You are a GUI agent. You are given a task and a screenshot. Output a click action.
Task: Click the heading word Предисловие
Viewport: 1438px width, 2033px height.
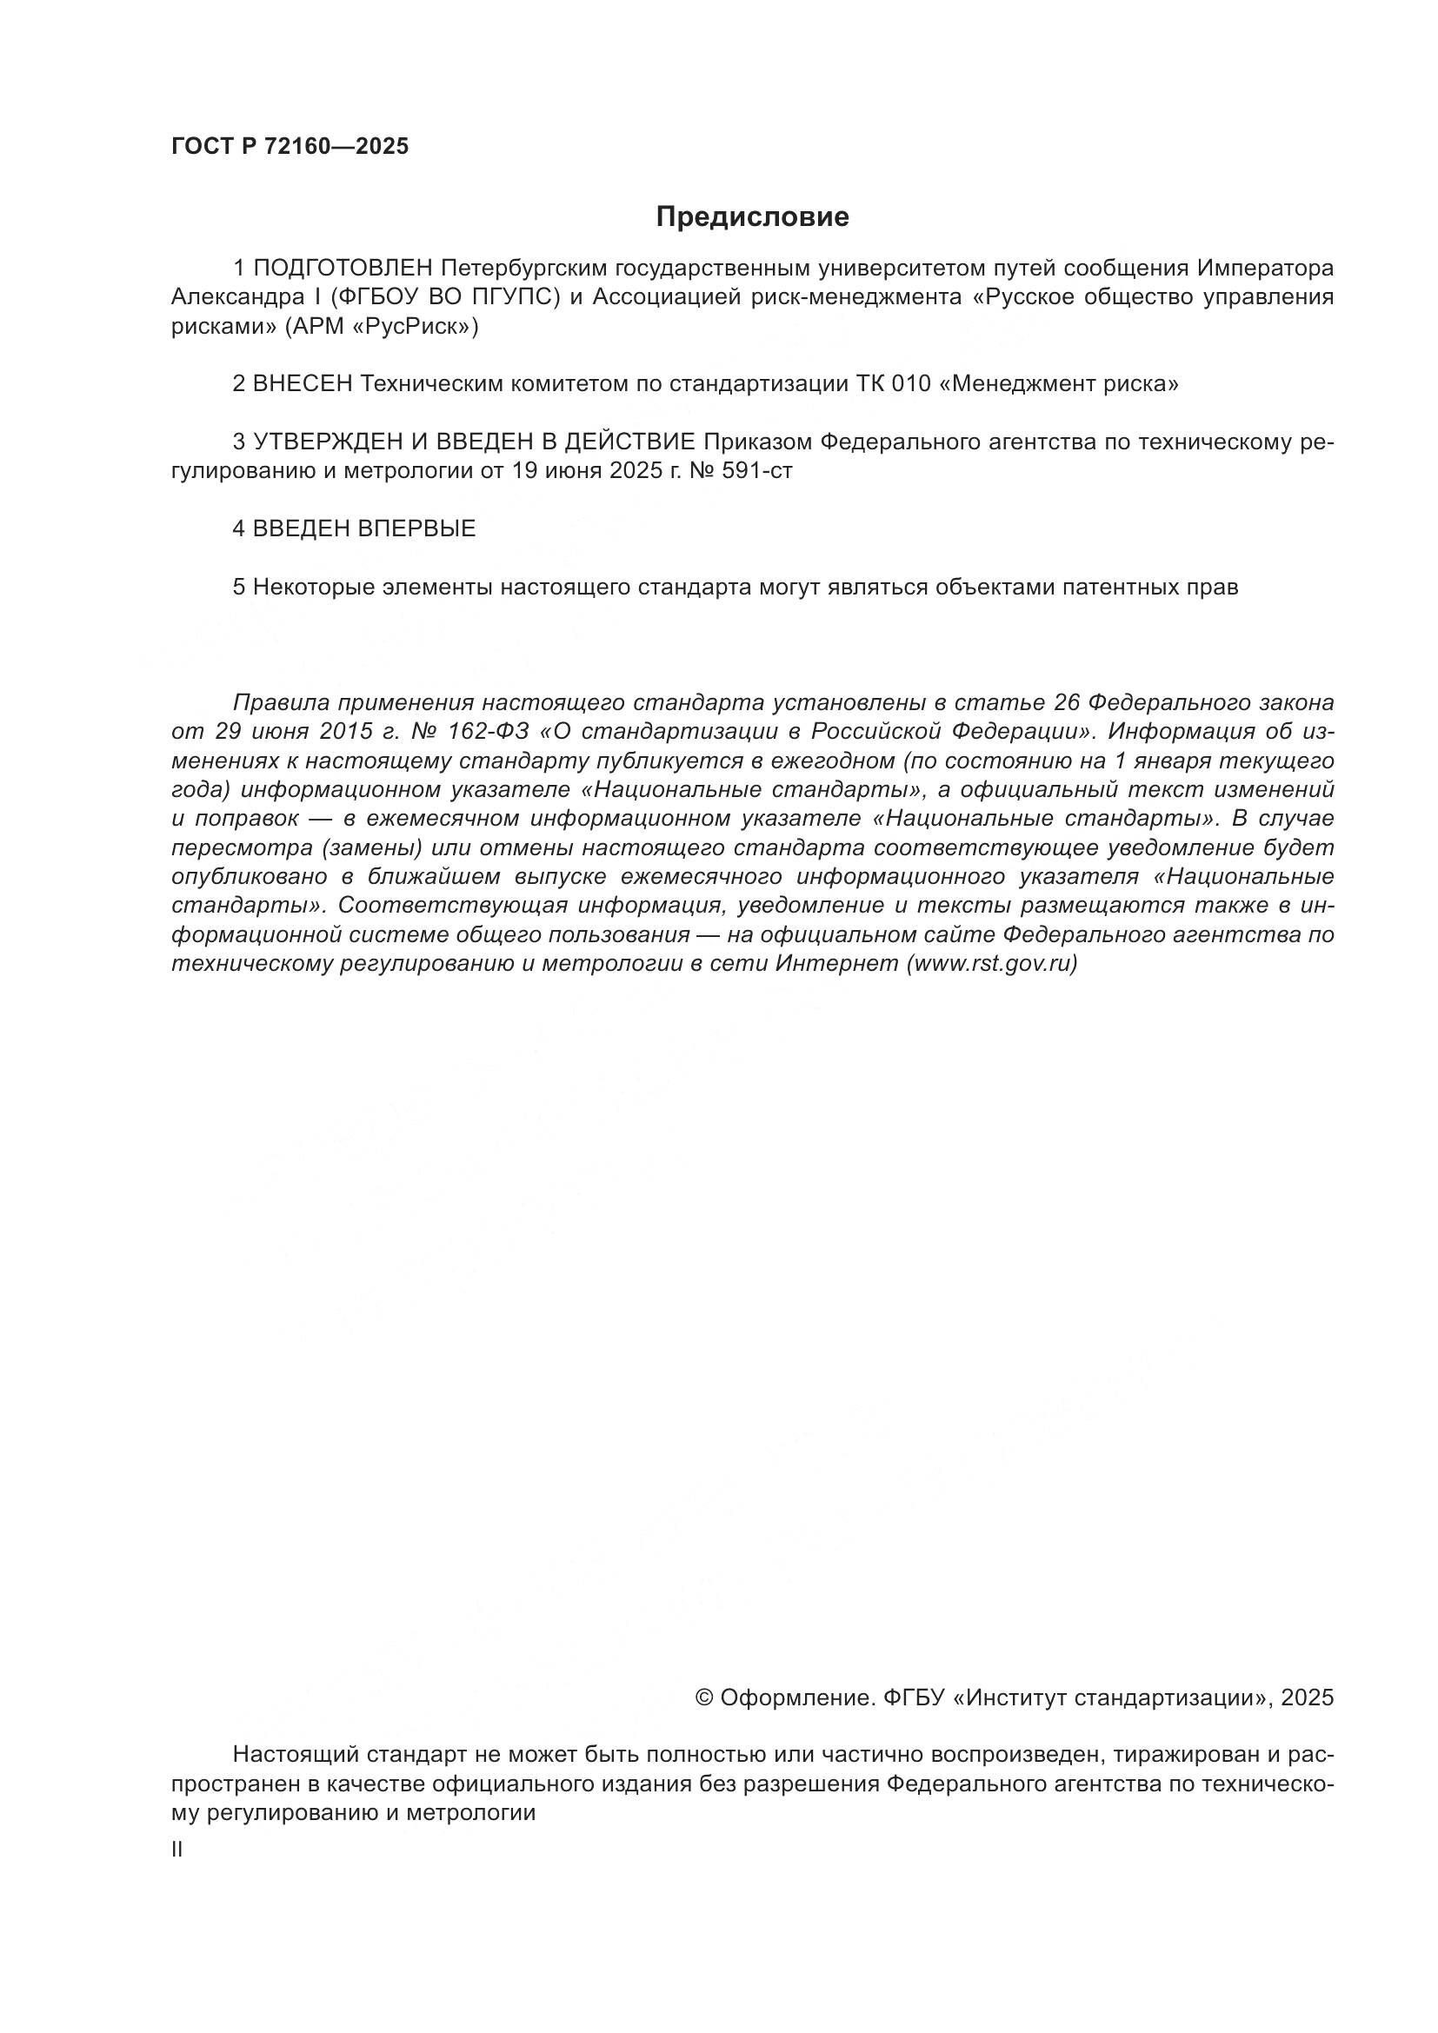[x=752, y=217]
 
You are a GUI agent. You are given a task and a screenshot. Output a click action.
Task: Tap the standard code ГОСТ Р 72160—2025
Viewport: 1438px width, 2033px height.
[x=290, y=147]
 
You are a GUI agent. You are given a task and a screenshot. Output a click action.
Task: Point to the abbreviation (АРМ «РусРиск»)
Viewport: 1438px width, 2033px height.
[x=382, y=327]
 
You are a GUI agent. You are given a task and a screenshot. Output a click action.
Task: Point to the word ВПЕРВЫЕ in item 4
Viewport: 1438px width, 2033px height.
[x=416, y=528]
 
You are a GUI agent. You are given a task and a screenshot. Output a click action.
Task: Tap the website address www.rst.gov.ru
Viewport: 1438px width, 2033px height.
[x=991, y=963]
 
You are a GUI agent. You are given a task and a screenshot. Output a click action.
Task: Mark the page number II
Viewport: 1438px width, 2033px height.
[x=177, y=1849]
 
